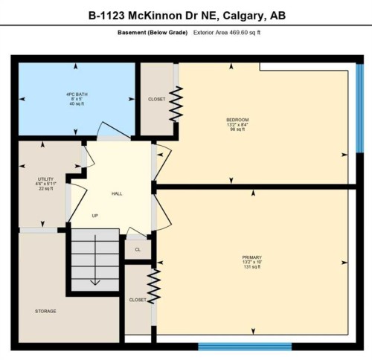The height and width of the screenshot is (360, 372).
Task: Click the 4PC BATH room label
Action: point(77,93)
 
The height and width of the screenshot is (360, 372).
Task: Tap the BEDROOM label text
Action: point(237,120)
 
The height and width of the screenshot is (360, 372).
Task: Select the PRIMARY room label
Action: point(251,257)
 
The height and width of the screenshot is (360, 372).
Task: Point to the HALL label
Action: point(117,193)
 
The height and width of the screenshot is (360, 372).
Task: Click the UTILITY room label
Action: point(46,179)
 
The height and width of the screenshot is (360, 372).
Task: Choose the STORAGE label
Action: point(45,311)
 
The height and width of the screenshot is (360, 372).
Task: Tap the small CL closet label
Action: point(138,250)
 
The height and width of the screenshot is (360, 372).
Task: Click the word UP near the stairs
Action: point(94,216)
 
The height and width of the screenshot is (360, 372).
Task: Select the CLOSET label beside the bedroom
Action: point(157,99)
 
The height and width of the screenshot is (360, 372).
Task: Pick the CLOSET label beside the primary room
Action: point(138,300)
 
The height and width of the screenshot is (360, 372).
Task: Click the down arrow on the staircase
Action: point(95,281)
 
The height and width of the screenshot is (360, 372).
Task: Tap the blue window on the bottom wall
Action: point(228,347)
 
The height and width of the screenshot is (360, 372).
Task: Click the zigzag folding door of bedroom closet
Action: point(177,104)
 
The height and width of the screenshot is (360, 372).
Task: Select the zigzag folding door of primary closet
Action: point(155,286)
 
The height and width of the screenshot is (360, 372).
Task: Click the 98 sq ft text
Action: point(237,129)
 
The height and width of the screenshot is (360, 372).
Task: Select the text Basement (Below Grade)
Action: point(153,33)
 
